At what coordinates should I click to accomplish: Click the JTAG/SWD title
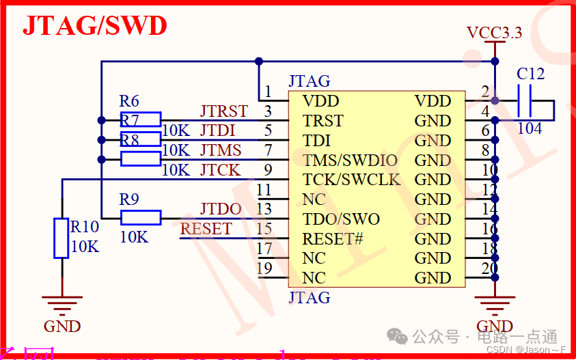pyautogui.click(x=95, y=26)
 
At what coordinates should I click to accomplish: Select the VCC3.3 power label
pyautogui.click(x=494, y=32)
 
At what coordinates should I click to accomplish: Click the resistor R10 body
pyautogui.click(x=61, y=238)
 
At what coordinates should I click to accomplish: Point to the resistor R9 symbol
pyautogui.click(x=141, y=218)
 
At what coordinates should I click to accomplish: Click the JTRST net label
pyautogui.click(x=223, y=111)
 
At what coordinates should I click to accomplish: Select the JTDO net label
pyautogui.click(x=221, y=209)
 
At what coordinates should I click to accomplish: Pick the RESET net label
pyautogui.click(x=206, y=229)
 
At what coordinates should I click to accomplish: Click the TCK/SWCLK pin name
pyautogui.click(x=352, y=180)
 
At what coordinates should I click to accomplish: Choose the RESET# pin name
pyautogui.click(x=332, y=239)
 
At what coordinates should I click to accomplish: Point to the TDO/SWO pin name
pyautogui.click(x=341, y=219)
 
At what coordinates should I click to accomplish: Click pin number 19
pyautogui.click(x=264, y=268)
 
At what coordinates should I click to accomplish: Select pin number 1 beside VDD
pyautogui.click(x=268, y=92)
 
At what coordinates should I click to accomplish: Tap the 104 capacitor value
pyautogui.click(x=530, y=128)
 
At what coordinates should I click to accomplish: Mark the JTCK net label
pyautogui.click(x=220, y=170)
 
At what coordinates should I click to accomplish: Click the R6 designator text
pyautogui.click(x=129, y=102)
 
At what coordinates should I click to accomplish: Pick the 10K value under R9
pyautogui.click(x=134, y=237)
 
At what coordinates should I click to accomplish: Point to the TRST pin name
pyautogui.click(x=323, y=121)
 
